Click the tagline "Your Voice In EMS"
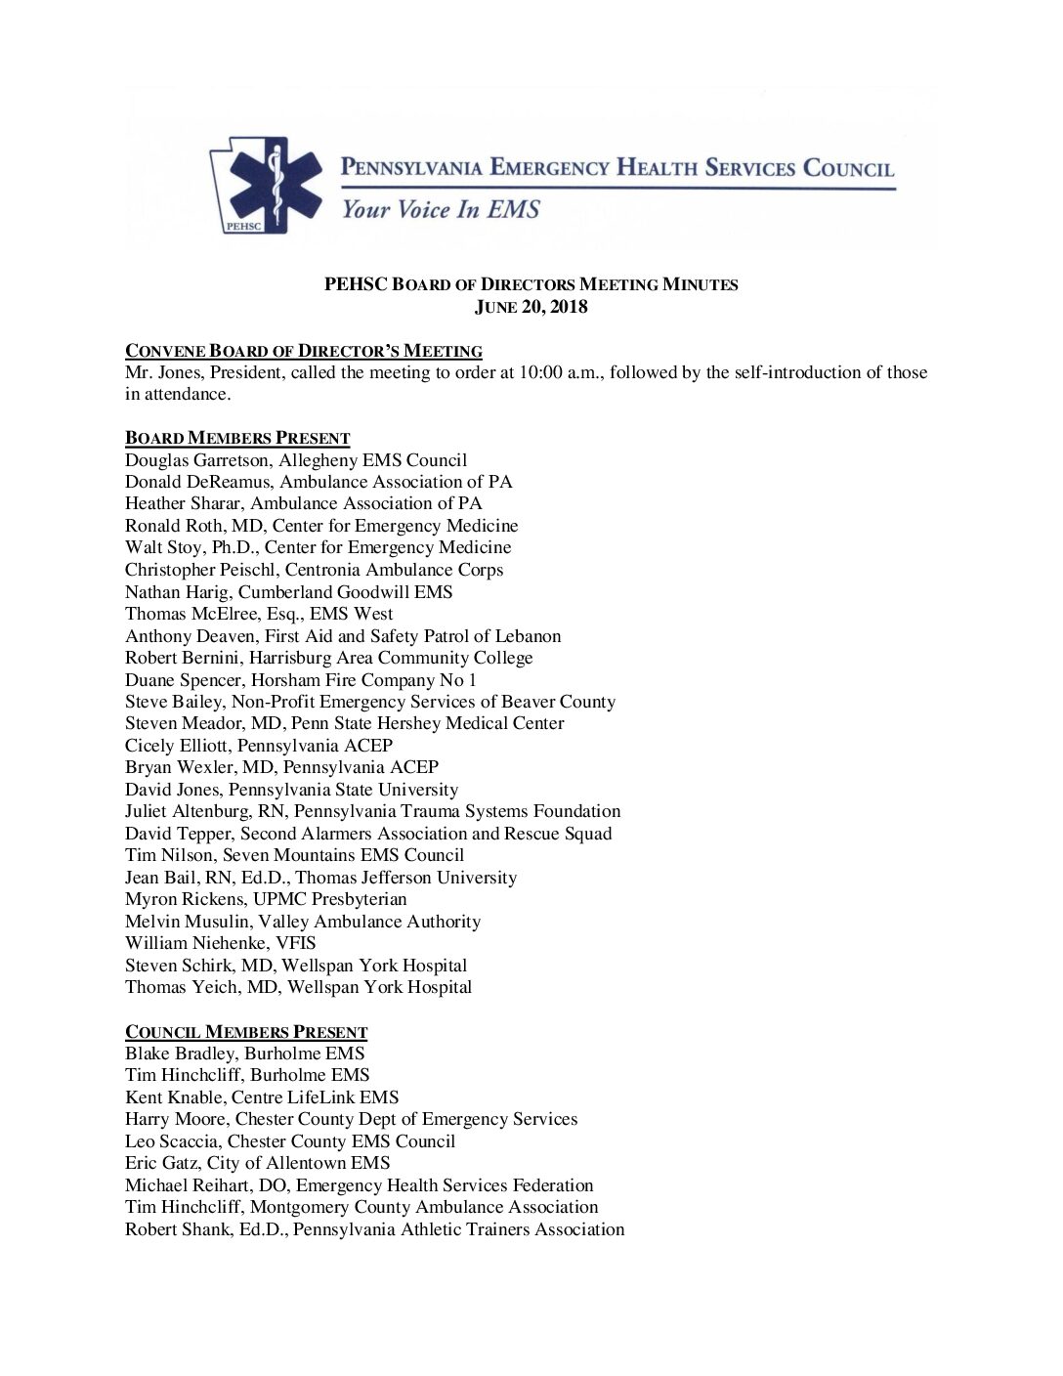439,209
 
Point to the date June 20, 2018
531,307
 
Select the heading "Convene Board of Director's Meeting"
304,351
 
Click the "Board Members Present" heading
237,438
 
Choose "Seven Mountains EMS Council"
353,855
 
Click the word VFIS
294,943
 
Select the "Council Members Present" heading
246,1032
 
